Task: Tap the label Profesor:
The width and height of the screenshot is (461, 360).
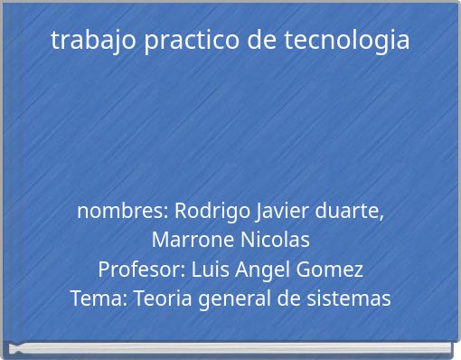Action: [140, 270]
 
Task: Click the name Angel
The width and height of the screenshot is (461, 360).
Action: [260, 270]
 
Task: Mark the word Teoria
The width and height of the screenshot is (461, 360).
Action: [163, 298]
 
